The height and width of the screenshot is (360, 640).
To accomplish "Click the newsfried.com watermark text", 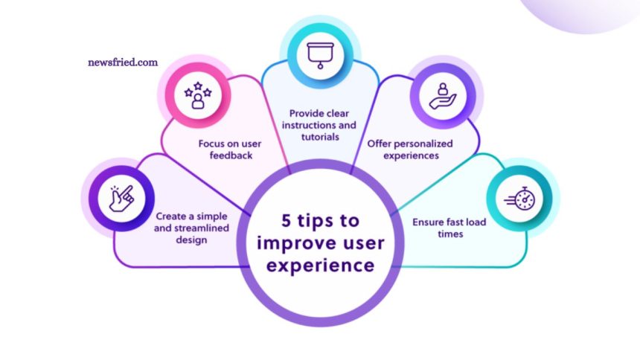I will click(122, 63).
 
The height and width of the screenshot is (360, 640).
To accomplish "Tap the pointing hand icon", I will click(121, 199).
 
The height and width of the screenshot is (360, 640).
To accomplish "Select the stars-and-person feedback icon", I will click(198, 95).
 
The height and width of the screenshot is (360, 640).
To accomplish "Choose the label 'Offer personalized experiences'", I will click(419, 149).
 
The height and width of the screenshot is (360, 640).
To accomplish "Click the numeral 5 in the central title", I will click(287, 221).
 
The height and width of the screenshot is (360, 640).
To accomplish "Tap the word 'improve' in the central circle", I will click(286, 242).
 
